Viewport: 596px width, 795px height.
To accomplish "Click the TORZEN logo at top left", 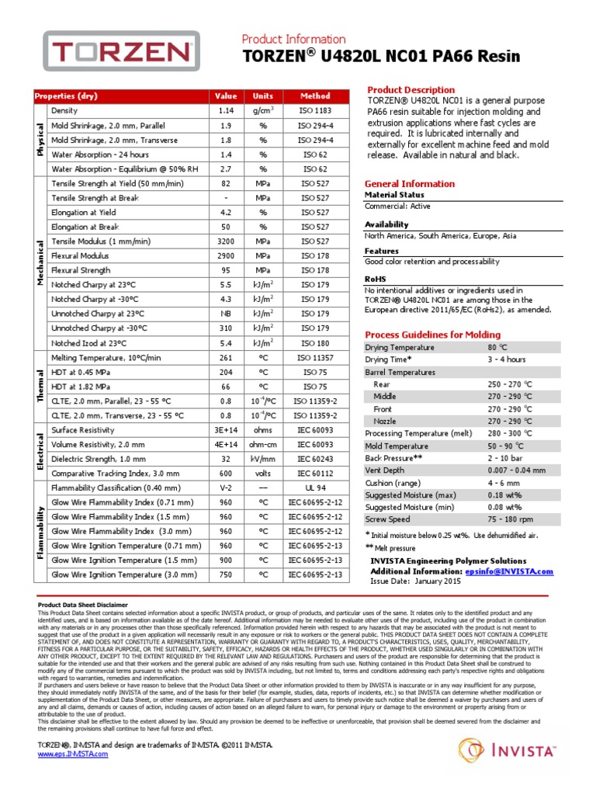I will (124, 54).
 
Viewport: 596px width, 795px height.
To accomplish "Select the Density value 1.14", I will (226, 111).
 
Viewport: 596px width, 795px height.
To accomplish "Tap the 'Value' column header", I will (226, 96).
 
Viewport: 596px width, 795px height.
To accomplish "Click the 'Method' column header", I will (315, 96).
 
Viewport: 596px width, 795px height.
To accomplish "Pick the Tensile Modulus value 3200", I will (226, 241).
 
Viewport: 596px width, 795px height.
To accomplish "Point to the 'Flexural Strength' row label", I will (81, 270).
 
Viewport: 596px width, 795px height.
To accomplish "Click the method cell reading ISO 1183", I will (315, 111).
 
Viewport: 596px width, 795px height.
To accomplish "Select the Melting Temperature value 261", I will (226, 357).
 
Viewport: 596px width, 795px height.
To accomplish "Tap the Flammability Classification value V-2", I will (226, 488).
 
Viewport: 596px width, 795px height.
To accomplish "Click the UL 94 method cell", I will (315, 488).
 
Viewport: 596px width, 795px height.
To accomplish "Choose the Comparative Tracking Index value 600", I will (226, 473).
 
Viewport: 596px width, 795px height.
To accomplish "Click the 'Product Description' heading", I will (411, 90).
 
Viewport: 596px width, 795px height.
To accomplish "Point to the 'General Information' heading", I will (410, 184).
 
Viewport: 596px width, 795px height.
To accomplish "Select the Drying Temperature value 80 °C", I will (497, 347).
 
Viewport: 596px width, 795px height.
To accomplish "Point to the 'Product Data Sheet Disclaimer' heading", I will (83, 604).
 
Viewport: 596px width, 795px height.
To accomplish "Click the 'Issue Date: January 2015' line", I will (416, 581).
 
